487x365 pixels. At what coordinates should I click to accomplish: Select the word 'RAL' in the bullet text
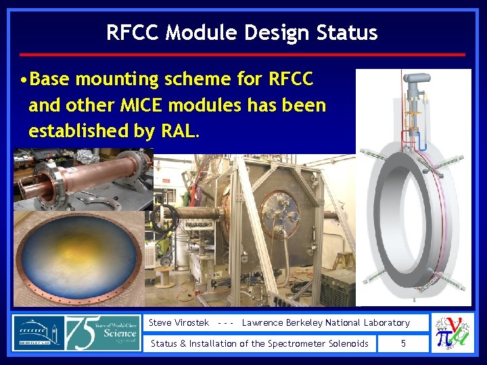(x=179, y=130)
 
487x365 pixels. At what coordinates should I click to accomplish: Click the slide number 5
(x=403, y=343)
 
